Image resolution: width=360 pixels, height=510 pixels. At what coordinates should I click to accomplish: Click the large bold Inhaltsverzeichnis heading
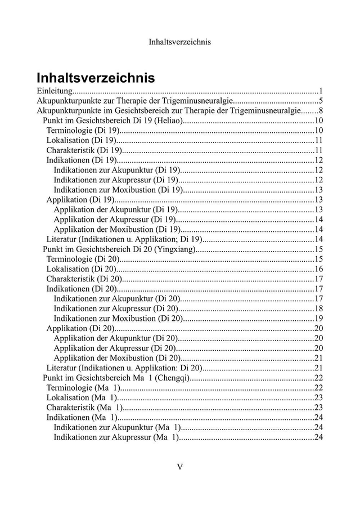(x=96, y=77)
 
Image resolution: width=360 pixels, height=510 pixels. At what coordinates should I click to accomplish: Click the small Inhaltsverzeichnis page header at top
(x=180, y=42)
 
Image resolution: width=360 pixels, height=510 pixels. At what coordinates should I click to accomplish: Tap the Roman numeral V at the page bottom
(x=180, y=467)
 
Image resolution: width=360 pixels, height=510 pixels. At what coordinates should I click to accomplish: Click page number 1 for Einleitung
(x=319, y=91)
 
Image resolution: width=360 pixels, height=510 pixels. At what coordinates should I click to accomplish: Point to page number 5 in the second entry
(x=319, y=101)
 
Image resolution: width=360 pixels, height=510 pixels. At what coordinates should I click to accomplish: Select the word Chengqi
(x=172, y=377)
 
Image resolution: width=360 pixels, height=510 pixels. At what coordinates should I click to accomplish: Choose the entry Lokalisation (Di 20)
(x=81, y=269)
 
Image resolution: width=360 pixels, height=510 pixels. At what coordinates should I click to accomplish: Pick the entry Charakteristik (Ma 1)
(x=84, y=407)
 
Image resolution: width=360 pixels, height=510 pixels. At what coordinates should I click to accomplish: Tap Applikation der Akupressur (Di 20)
(x=117, y=348)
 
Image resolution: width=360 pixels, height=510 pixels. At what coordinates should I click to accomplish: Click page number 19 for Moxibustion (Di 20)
(x=318, y=318)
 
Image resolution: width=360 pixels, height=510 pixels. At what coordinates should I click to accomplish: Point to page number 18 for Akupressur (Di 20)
(x=318, y=308)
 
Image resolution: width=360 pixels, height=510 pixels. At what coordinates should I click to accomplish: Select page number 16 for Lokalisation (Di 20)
(x=318, y=269)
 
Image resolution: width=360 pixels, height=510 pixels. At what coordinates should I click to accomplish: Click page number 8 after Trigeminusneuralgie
(x=319, y=111)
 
